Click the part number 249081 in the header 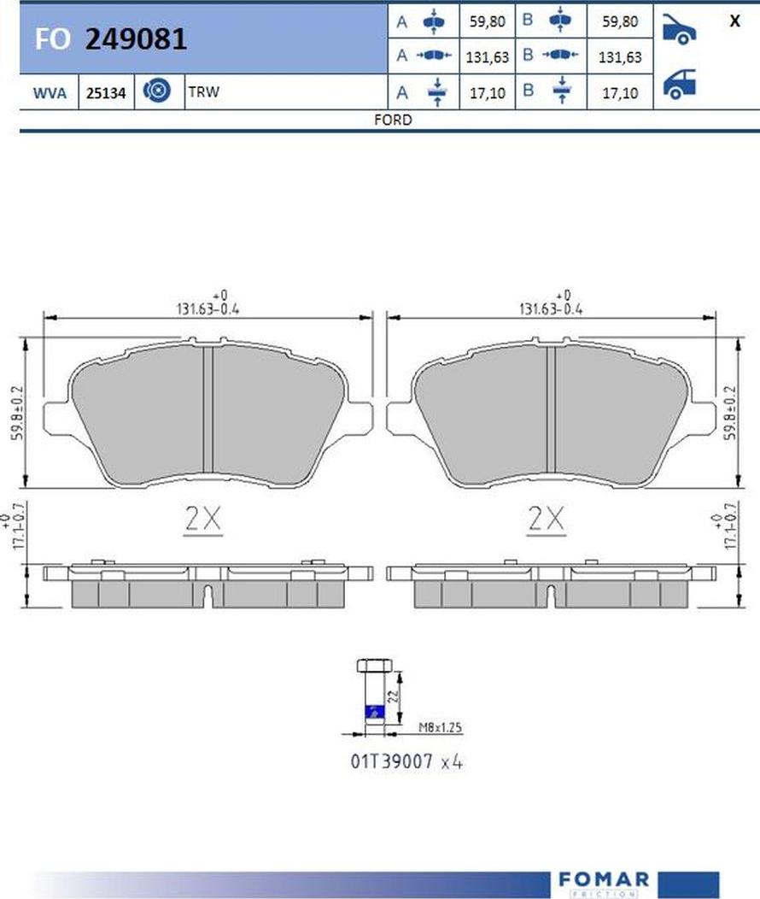(x=136, y=39)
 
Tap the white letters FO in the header (x=53, y=39)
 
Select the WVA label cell (x=50, y=92)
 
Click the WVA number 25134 (x=106, y=93)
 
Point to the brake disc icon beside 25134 (x=156, y=91)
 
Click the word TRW (x=204, y=91)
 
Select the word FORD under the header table (x=393, y=120)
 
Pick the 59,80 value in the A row (x=488, y=21)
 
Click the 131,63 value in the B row (x=620, y=56)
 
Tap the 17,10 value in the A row (x=488, y=93)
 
